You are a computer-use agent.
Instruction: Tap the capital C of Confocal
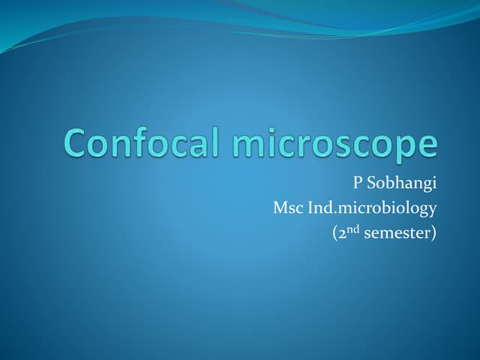[x=77, y=142]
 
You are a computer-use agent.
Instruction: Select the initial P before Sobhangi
[x=358, y=182]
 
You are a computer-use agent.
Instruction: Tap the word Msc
[x=288, y=207]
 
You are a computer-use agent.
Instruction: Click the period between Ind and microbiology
[x=332, y=211]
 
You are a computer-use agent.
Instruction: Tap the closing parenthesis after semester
[x=433, y=232]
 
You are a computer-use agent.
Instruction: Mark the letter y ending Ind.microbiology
[x=432, y=210]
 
